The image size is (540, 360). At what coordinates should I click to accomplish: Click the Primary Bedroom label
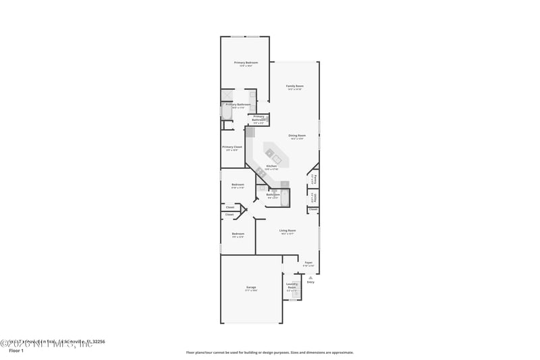click(246, 63)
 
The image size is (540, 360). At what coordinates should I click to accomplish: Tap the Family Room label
click(295, 86)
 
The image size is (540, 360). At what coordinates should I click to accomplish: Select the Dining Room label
click(296, 136)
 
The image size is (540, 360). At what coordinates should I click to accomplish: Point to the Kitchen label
click(271, 166)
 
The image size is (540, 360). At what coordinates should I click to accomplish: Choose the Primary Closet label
click(232, 147)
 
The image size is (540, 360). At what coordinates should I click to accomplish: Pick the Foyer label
click(308, 262)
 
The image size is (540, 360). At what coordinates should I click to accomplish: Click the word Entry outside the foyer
click(310, 282)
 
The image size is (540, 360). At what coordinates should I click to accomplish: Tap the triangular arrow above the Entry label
click(310, 277)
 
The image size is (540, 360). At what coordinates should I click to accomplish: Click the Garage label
click(251, 288)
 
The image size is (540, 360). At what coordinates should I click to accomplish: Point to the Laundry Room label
click(292, 285)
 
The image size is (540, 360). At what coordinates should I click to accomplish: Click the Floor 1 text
click(16, 351)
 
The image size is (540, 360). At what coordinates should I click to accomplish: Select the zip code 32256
click(98, 342)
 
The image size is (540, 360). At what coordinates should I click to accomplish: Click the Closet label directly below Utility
click(313, 209)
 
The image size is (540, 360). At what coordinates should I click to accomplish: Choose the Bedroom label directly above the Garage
click(238, 234)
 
